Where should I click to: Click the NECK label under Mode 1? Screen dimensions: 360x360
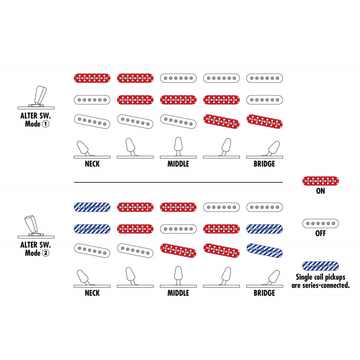pos(92,164)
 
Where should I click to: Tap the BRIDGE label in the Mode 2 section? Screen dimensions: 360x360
pos(264,293)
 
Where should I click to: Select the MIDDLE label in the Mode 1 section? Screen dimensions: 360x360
pos(178,164)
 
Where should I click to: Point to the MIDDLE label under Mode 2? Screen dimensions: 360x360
pos(178,293)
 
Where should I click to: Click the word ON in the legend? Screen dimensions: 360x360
pos(320,191)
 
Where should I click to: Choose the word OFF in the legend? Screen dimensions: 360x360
pos(320,234)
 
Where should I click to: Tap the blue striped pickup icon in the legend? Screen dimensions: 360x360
pos(320,266)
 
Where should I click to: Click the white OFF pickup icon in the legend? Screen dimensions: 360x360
pos(320,223)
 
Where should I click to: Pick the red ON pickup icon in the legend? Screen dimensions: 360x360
pos(320,181)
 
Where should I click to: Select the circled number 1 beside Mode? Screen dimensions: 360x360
pos(46,124)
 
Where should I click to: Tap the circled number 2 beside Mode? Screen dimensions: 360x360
pos(46,253)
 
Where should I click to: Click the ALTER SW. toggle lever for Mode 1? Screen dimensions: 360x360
pos(40,95)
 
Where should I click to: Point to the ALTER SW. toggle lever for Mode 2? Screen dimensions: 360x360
pos(31,225)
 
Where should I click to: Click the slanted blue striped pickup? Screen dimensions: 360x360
pos(264,251)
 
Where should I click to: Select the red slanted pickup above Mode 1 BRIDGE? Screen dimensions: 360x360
pos(264,121)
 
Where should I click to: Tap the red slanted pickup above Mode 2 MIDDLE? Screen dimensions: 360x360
pos(178,251)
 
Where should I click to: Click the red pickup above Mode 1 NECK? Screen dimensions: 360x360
pos(92,78)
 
